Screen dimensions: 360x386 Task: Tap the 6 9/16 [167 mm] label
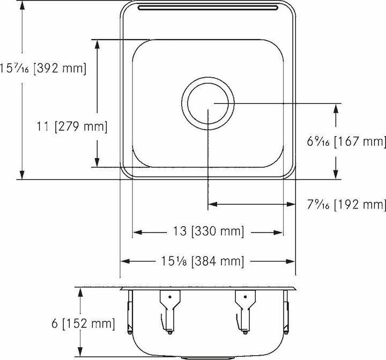pyautogui.click(x=345, y=142)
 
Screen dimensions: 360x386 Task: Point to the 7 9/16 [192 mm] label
pyautogui.click(x=345, y=205)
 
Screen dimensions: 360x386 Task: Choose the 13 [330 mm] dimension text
pyautogui.click(x=207, y=232)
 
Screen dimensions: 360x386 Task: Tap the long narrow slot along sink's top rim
pyautogui.click(x=207, y=7)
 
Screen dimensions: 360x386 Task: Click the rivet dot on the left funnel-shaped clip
pyautogui.click(x=169, y=296)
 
